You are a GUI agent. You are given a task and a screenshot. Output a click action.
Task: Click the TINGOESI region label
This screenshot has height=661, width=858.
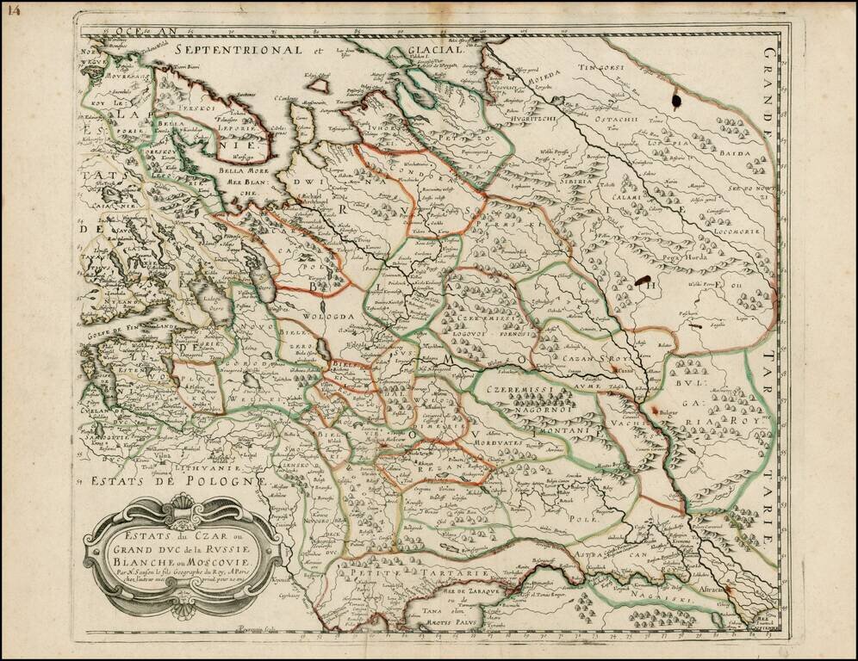click(x=599, y=66)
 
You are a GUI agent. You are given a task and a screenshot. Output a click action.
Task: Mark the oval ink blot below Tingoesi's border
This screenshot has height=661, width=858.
click(x=675, y=102)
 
